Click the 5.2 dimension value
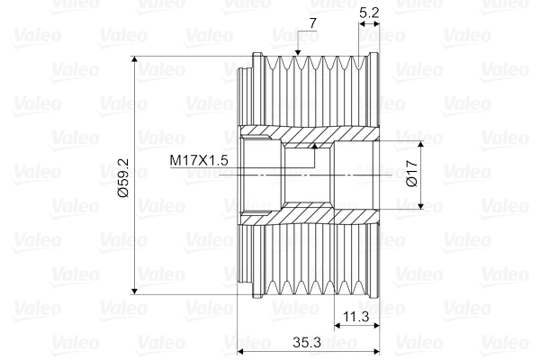(x=369, y=13)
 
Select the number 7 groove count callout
(x=312, y=23)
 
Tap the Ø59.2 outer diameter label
(x=123, y=178)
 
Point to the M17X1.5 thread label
(x=199, y=160)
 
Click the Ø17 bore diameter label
(x=412, y=174)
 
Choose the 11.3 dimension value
(x=356, y=316)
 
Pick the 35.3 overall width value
(x=307, y=342)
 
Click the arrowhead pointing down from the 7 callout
(x=298, y=52)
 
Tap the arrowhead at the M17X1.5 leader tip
(x=314, y=146)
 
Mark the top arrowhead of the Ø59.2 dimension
(x=135, y=59)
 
